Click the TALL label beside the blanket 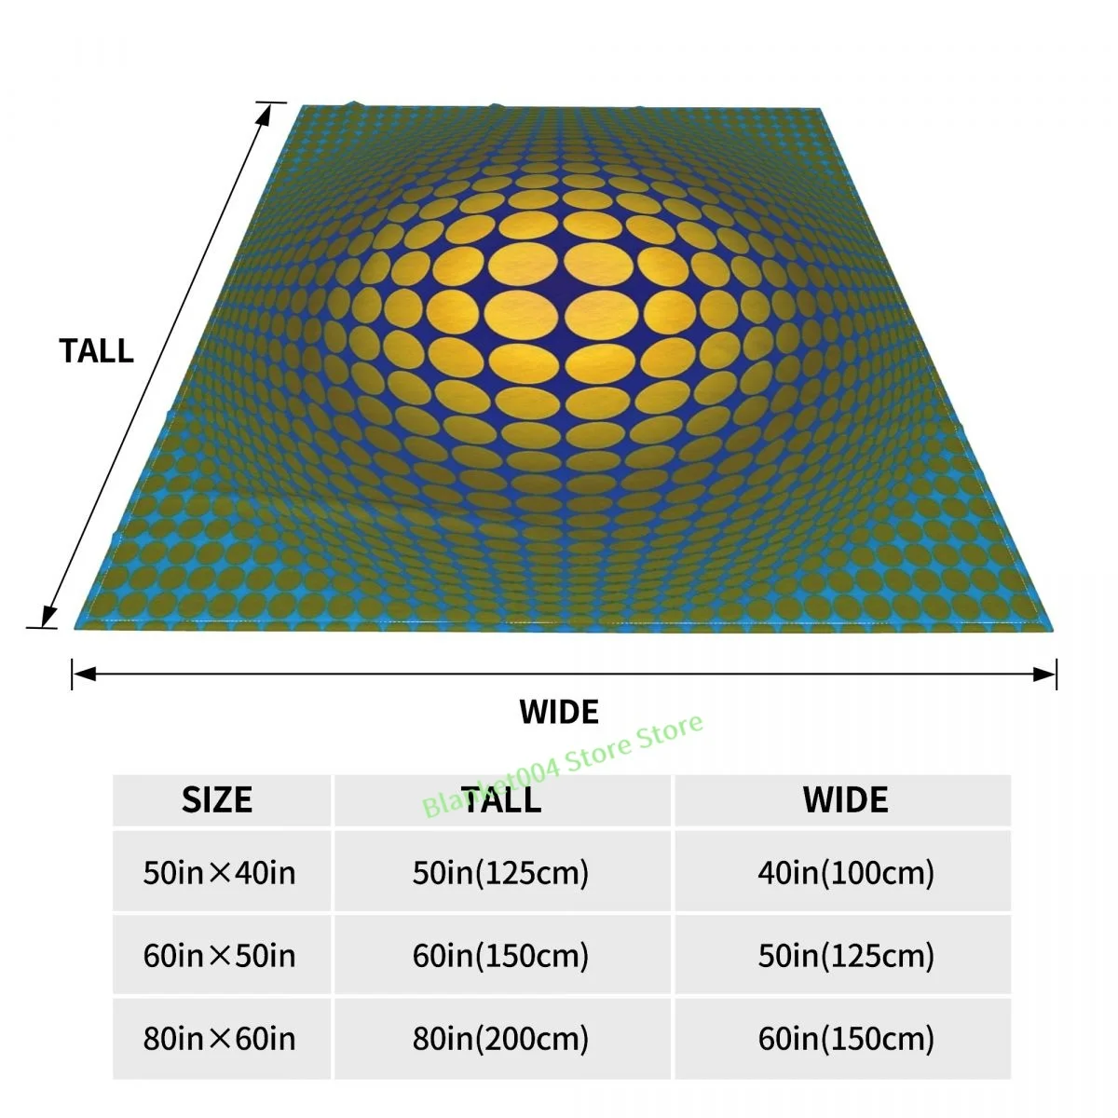tap(96, 351)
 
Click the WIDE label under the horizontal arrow tap(559, 712)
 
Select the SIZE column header tap(217, 800)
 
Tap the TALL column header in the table tap(501, 800)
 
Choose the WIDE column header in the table tap(845, 800)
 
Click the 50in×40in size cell tap(220, 873)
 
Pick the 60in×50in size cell tap(220, 956)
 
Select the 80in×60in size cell tap(220, 1039)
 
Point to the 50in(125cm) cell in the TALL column tap(501, 873)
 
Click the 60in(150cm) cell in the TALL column tap(501, 956)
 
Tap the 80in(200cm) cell tap(501, 1039)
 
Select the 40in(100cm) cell tap(845, 873)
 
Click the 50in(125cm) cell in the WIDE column tap(845, 956)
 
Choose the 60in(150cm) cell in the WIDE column tap(845, 1039)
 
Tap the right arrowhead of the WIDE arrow tap(1047, 673)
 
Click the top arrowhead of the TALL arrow tap(266, 111)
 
